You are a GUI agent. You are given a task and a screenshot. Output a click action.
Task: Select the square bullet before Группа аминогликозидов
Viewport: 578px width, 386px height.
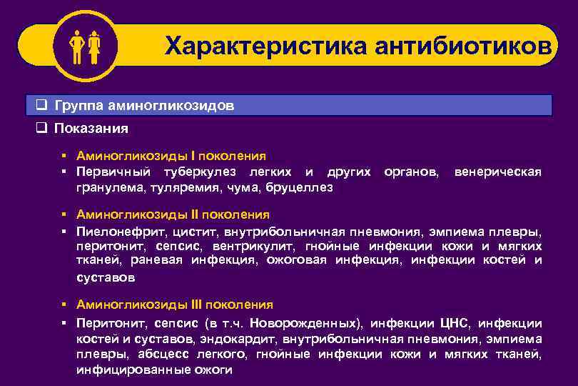coord(41,106)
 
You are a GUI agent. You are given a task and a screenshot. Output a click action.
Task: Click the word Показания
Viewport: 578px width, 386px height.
coord(92,129)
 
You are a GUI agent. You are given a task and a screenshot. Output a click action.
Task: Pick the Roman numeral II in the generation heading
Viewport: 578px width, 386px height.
coord(196,214)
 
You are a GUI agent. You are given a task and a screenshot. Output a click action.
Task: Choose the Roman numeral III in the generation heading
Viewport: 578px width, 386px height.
coord(198,305)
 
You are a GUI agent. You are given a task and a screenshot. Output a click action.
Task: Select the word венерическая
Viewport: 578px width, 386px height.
coord(498,172)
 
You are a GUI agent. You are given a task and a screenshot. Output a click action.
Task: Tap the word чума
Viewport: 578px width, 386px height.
coord(244,187)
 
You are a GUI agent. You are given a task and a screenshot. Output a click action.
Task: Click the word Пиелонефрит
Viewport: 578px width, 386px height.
coord(119,231)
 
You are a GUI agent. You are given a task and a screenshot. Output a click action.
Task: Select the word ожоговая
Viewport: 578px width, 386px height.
coord(296,261)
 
